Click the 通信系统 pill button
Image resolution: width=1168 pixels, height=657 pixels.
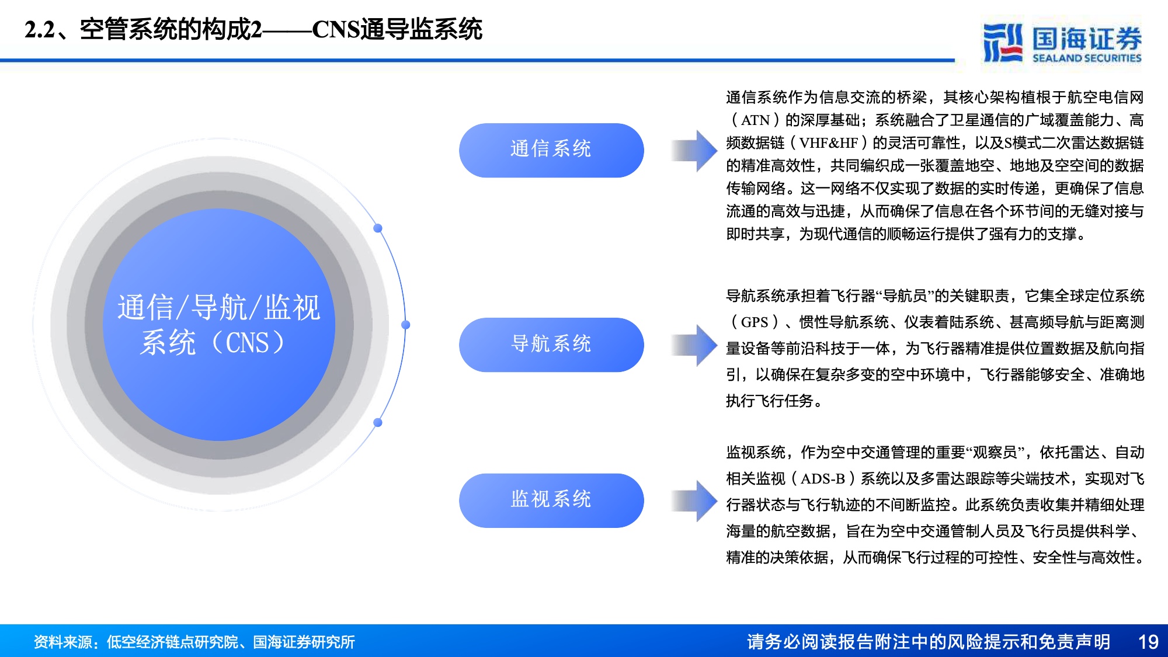click(x=551, y=150)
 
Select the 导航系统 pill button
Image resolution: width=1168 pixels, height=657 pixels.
click(x=551, y=345)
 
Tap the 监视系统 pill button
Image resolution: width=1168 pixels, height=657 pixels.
click(x=551, y=500)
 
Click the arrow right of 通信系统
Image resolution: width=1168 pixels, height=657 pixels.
click(x=694, y=150)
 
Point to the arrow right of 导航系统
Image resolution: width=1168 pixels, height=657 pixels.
click(x=694, y=345)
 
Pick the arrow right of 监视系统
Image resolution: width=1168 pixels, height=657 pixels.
click(x=694, y=500)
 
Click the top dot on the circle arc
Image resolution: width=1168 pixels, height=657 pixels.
click(x=378, y=228)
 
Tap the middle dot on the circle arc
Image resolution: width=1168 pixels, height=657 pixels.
click(x=406, y=325)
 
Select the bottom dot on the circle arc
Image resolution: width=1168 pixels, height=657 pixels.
click(x=378, y=422)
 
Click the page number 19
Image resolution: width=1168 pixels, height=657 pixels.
click(x=1148, y=642)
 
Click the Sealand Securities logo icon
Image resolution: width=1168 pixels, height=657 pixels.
click(x=1003, y=42)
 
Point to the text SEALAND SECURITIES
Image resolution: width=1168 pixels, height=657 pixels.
click(x=1087, y=58)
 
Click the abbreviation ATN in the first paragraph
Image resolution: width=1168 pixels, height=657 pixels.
click(x=755, y=120)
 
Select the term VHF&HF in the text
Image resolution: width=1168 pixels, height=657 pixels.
click(x=829, y=143)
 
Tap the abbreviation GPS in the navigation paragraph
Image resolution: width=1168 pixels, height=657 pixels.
click(x=755, y=322)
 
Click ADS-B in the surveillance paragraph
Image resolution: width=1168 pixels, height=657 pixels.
click(x=823, y=479)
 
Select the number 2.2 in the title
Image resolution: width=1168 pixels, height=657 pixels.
click(x=40, y=30)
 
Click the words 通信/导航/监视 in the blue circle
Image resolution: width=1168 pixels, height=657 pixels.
click(x=219, y=307)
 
